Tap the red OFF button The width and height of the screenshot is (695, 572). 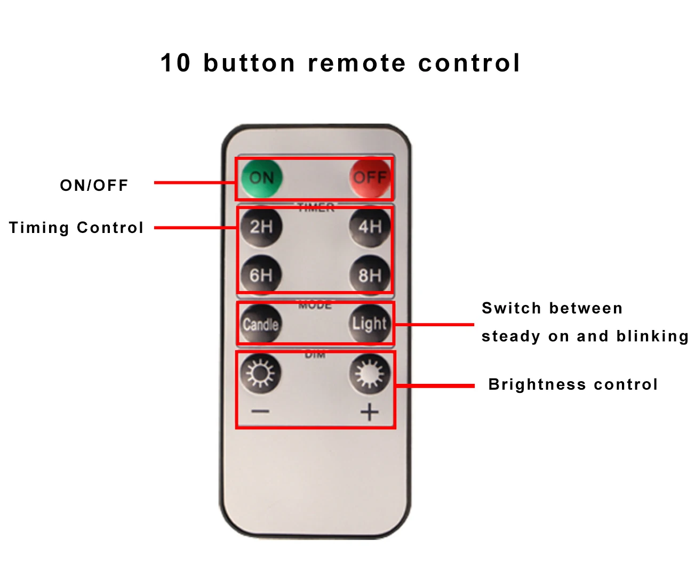point(369,178)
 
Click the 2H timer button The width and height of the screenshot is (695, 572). point(261,227)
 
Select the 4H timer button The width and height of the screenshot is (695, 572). point(369,227)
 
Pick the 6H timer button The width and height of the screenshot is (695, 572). point(261,275)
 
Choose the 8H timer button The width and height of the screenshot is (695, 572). point(369,275)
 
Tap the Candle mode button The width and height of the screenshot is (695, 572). point(261,324)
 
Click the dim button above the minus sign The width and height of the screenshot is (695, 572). point(260,373)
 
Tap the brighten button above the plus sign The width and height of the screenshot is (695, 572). point(369,373)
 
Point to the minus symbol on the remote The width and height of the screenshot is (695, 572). point(260,411)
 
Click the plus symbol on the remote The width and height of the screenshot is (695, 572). point(369,412)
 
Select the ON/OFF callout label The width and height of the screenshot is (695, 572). point(94,186)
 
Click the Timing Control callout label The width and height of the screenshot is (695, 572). point(76,228)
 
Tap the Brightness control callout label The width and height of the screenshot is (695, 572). point(573,384)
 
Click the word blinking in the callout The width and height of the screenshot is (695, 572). point(652,336)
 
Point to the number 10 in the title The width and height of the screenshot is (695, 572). point(175,63)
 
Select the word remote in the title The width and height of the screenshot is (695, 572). point(357,63)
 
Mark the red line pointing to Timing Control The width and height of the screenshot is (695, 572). point(195,228)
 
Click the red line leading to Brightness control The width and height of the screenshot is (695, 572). point(434,385)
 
